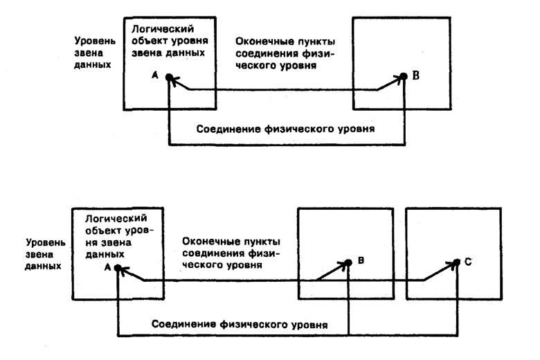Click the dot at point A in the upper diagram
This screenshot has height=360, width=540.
pyautogui.click(x=169, y=78)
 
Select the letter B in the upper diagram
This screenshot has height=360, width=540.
pyautogui.click(x=416, y=77)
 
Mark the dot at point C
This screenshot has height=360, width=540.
pyautogui.click(x=458, y=263)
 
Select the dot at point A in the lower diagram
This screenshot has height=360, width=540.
pyautogui.click(x=118, y=268)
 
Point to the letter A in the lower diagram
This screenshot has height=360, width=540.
pyautogui.click(x=107, y=266)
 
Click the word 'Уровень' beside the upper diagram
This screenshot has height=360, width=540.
pyautogui.click(x=92, y=40)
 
